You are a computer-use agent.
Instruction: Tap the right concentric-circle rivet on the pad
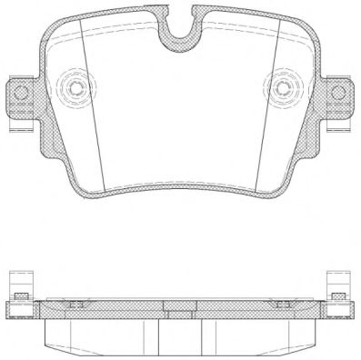(285, 88)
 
